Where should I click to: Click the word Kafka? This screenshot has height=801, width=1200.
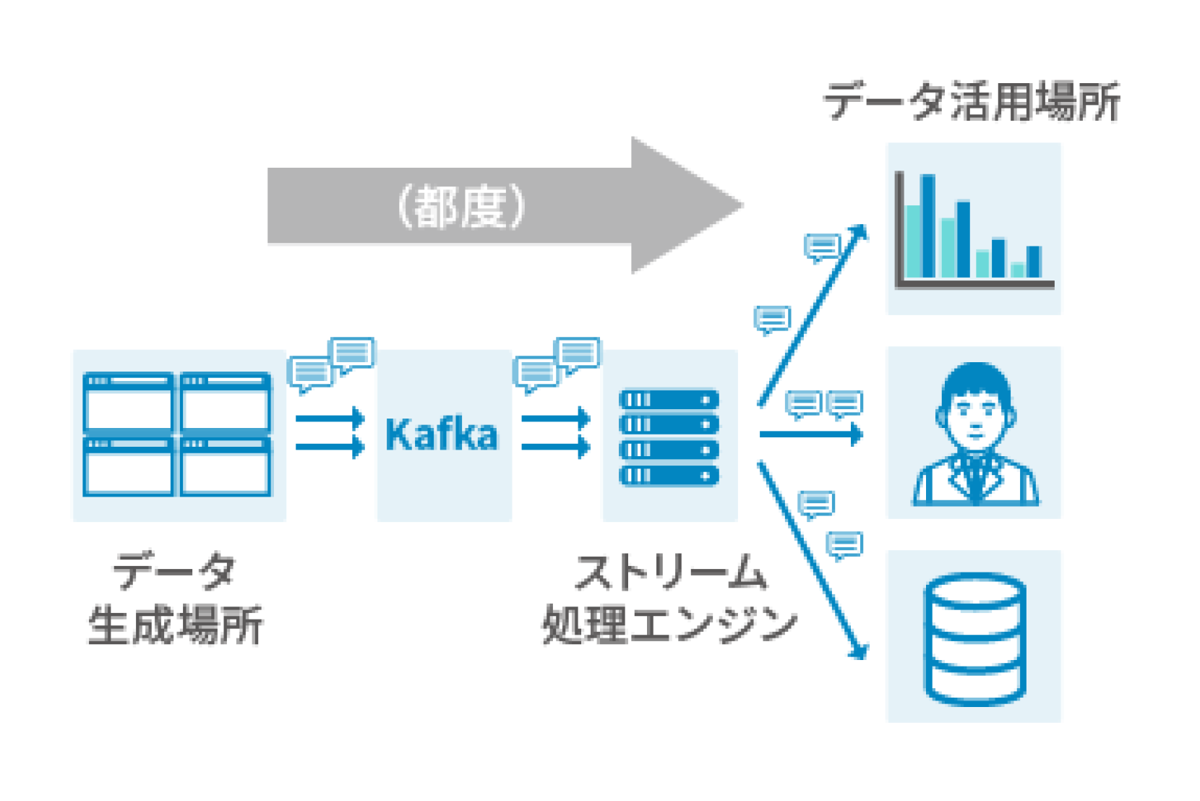[441, 434]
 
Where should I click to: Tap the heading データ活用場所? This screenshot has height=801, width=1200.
[972, 101]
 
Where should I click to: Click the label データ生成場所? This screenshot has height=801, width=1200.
[176, 598]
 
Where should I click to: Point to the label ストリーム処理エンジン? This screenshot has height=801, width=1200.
[669, 598]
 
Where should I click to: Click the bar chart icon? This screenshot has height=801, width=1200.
[973, 228]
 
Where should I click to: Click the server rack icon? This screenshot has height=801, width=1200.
[669, 437]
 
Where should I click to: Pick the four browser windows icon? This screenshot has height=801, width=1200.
[177, 434]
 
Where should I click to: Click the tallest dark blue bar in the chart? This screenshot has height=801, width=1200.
[928, 226]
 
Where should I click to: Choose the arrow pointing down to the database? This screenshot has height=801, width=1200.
[811, 560]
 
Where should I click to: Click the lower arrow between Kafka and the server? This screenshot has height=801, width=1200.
[555, 447]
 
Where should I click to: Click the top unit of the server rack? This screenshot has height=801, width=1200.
[669, 400]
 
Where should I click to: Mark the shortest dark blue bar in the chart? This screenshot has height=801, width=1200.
[1034, 262]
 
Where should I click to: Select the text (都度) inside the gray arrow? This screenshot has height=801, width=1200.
[460, 207]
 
